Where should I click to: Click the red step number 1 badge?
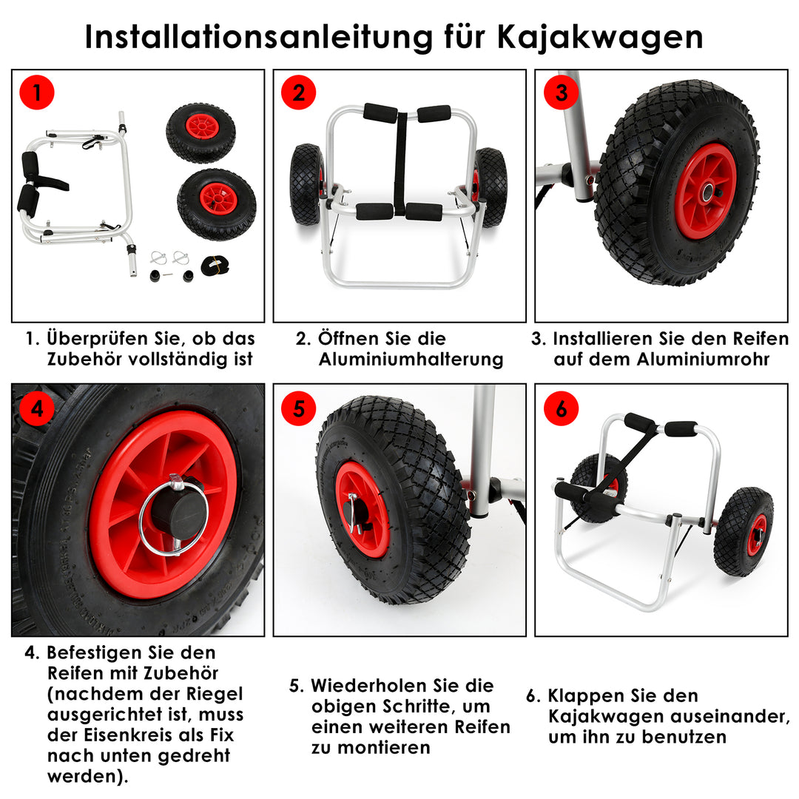point(36,93)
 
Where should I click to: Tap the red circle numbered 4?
point(36,408)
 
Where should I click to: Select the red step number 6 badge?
point(561,408)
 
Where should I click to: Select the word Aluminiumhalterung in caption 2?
point(411,360)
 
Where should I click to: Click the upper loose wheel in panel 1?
point(200,133)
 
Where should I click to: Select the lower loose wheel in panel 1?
point(217,204)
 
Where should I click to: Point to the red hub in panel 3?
point(704,191)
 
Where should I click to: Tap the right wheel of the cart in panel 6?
point(744,531)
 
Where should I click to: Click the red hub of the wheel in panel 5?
point(362,509)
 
